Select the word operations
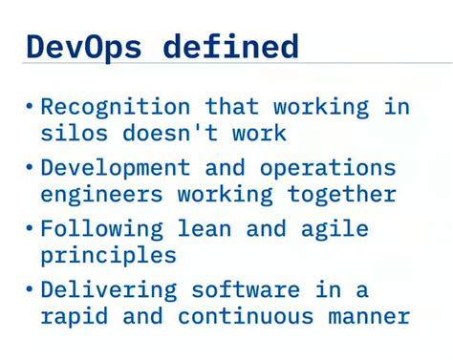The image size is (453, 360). (327, 169)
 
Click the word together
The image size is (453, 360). (340, 195)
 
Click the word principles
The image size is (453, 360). (108, 256)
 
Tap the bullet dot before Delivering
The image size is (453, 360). (29, 289)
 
